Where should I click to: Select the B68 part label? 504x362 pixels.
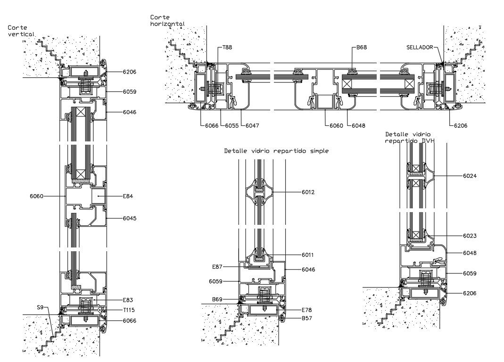pos(361,47)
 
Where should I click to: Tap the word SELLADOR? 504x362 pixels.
pos(420,47)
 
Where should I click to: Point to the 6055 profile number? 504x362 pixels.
pos(231,126)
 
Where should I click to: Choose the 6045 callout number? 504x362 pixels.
pos(129,219)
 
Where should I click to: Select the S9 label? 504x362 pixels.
pos(40,307)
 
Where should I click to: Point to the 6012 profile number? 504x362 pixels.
pos(308,192)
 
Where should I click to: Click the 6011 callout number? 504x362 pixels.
pos(308,255)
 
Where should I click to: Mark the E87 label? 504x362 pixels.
pos(217,267)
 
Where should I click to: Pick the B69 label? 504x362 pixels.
pos(217,299)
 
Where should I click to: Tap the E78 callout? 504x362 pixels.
pos(307,310)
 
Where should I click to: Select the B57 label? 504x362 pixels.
pos(307,319)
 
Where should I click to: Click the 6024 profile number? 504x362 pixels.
pos(470,176)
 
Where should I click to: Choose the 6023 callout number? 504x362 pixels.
pos(470,236)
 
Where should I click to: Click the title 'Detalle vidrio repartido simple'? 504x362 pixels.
pos(276,151)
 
